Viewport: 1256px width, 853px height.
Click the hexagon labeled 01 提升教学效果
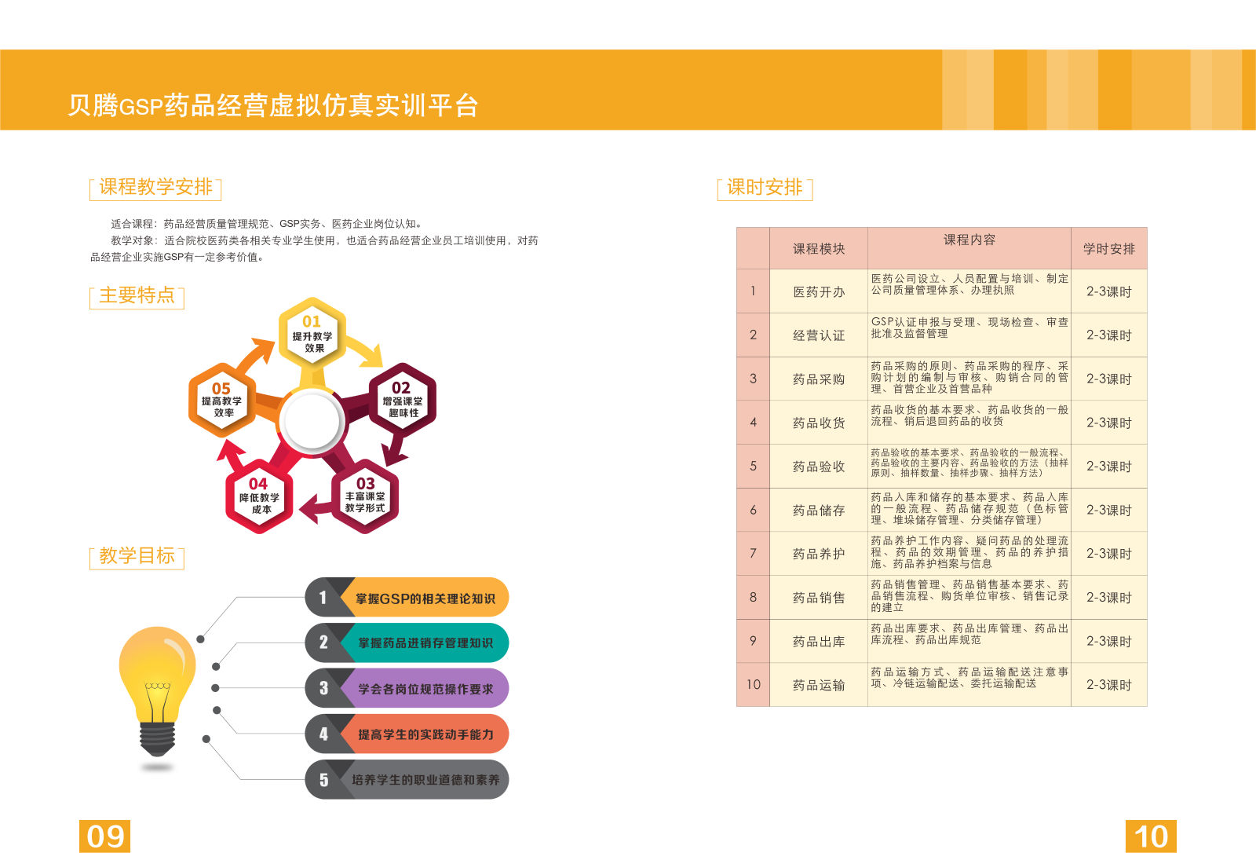(312, 333)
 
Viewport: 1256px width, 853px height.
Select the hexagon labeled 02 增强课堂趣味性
(402, 400)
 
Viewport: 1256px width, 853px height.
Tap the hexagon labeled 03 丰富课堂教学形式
(365, 496)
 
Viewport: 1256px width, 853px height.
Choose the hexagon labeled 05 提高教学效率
(222, 400)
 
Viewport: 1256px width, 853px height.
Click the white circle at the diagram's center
(312, 421)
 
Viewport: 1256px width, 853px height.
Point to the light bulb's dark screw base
(158, 738)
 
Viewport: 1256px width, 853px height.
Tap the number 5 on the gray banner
(323, 779)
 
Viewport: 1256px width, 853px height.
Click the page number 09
(105, 837)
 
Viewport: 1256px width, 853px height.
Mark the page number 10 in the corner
(1151, 837)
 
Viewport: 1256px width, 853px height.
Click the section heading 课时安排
(765, 188)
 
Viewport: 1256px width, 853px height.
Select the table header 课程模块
(819, 249)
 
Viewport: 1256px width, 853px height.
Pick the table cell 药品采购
(819, 379)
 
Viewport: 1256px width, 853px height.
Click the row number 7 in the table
(753, 553)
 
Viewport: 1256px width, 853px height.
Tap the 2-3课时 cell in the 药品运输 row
(1108, 685)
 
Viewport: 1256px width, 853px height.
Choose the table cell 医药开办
(819, 292)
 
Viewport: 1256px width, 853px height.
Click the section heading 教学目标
(137, 555)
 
